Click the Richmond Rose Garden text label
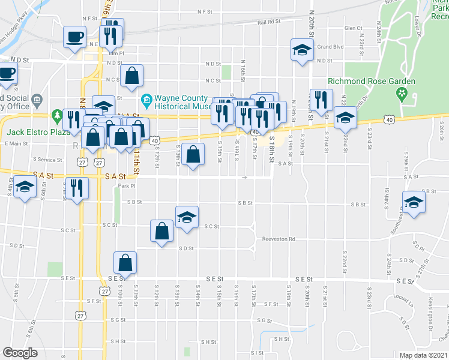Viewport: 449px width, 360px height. (372, 81)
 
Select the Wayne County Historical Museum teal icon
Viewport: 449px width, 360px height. (146, 99)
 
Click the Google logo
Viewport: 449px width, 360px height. (20, 353)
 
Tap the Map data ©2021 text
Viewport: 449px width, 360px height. (423, 355)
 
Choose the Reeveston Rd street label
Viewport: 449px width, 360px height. (279, 239)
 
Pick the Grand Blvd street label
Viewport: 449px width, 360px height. (330, 46)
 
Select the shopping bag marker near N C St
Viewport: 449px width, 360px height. (131, 76)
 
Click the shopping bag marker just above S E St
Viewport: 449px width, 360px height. (125, 263)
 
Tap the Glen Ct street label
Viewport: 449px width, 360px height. (354, 28)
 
